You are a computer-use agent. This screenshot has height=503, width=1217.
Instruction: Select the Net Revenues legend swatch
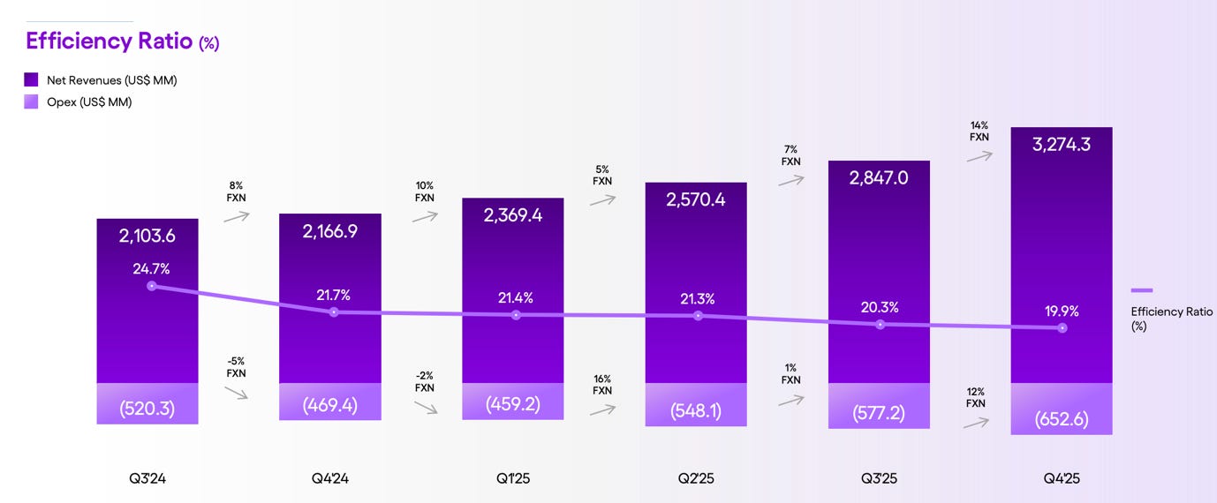[x=32, y=80]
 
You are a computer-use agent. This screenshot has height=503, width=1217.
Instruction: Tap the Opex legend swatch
[x=32, y=101]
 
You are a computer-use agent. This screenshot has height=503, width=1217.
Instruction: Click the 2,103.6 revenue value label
[x=147, y=236]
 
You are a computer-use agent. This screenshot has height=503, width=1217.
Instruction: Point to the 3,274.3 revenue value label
[x=1061, y=144]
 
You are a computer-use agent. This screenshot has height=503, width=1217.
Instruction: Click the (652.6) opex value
[x=1061, y=421]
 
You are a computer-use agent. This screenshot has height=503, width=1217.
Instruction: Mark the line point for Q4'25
[x=1062, y=328]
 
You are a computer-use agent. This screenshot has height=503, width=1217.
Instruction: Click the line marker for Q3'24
[x=152, y=286]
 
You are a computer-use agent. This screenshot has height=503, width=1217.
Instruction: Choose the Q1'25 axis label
[x=512, y=479]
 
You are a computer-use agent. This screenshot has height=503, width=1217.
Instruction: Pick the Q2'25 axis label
[x=695, y=479]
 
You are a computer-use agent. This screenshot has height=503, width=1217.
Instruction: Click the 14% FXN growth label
[x=978, y=131]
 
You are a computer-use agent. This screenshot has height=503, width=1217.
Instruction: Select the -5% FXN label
[x=236, y=367]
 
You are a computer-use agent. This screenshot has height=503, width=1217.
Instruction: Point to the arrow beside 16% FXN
[x=602, y=409]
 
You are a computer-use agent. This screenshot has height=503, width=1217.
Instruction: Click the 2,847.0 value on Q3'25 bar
[x=879, y=177]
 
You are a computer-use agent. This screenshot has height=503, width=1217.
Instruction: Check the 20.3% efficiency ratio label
[x=879, y=307]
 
